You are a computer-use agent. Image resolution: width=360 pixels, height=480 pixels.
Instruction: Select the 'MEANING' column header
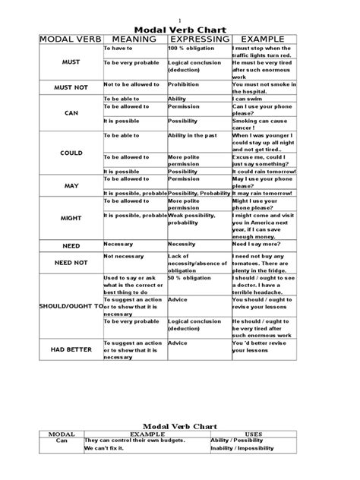click(133, 39)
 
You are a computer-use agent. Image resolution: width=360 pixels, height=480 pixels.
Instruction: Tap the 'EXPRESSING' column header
click(199, 39)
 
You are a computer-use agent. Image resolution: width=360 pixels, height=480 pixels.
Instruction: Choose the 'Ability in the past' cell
click(194, 135)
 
